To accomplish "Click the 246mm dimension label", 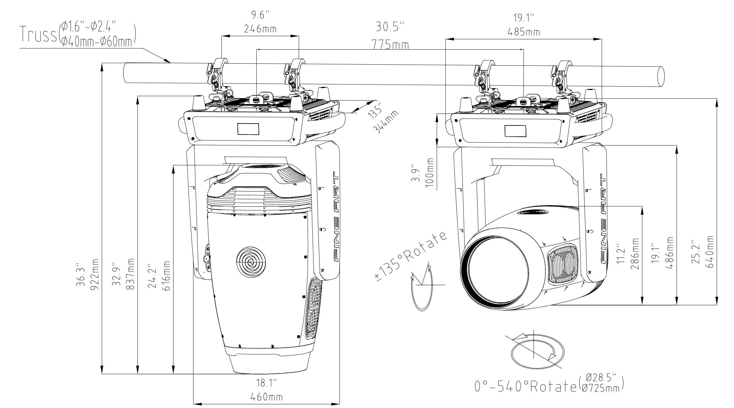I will pos(260,29).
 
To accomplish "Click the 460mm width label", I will pos(266,397).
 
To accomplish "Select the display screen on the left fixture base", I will pos(248,129).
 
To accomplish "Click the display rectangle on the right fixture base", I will pos(515,131).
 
